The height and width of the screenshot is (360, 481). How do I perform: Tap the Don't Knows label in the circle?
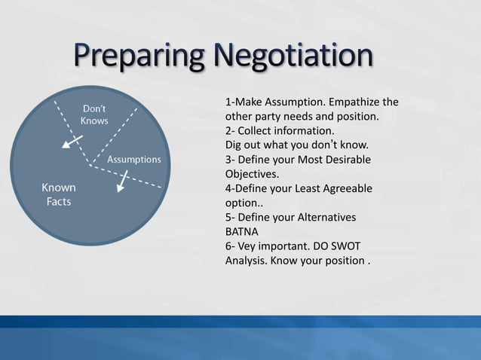point(94,114)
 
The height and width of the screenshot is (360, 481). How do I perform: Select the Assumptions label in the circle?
point(134,160)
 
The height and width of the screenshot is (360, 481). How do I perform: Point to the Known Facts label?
point(57,194)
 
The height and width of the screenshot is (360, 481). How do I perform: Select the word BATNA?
point(242,232)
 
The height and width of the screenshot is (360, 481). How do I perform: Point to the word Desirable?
point(346,160)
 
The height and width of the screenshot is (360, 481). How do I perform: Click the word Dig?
point(234,145)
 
